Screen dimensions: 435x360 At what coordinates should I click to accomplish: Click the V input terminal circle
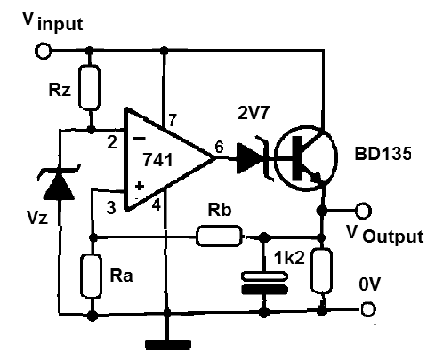[43, 51]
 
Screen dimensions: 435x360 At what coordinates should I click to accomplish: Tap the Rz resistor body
[89, 88]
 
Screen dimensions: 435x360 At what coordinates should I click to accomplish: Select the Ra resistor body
[92, 276]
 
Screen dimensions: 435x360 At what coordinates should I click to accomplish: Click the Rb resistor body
[219, 236]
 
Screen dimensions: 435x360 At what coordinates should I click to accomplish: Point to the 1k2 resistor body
[321, 270]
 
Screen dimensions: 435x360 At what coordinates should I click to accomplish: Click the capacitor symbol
[265, 283]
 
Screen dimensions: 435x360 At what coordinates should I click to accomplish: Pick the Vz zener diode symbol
[59, 182]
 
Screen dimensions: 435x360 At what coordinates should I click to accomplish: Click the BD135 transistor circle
[305, 158]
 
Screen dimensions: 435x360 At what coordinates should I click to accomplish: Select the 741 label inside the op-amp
[157, 160]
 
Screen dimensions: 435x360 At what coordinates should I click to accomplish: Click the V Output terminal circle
[363, 211]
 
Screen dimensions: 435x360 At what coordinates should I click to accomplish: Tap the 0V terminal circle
[367, 309]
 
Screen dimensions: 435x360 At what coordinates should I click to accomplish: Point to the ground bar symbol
[168, 345]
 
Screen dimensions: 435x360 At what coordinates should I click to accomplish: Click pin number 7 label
[173, 120]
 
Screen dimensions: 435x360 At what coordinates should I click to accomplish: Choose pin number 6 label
[219, 147]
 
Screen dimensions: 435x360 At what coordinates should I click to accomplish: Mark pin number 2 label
[112, 142]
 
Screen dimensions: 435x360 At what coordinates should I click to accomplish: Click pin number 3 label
[111, 207]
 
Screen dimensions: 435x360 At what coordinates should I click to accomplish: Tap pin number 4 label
[157, 204]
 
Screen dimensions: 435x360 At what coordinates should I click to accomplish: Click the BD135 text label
[383, 154]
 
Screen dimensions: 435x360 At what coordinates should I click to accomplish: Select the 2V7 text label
[254, 113]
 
